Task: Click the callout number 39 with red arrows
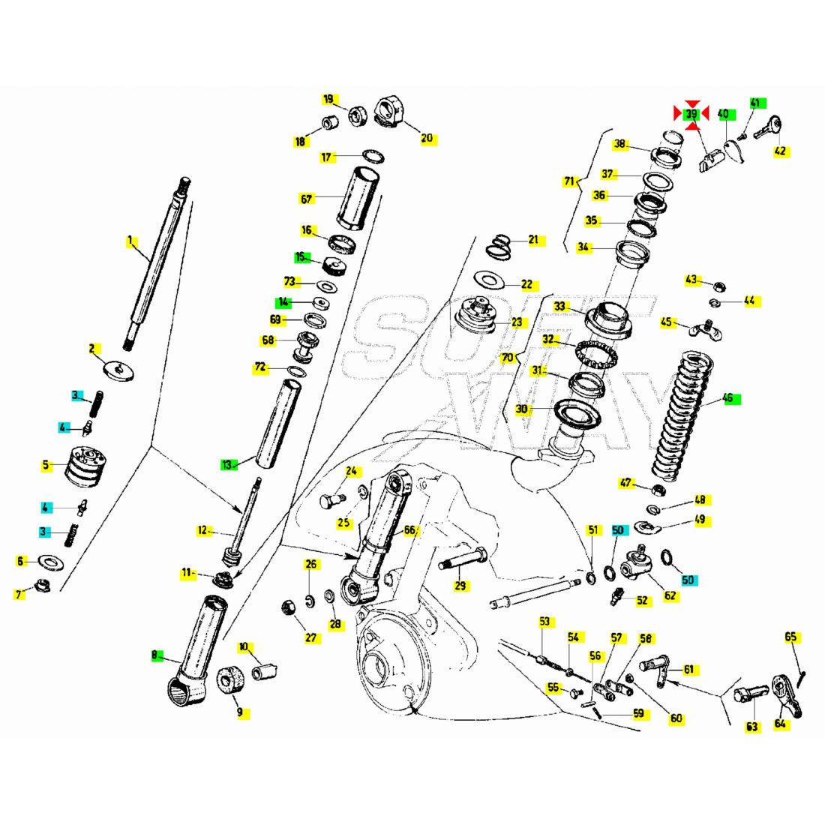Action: pyautogui.click(x=691, y=114)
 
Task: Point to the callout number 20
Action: pyautogui.click(x=427, y=139)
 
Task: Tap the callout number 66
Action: pyautogui.click(x=409, y=530)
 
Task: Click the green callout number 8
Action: pyautogui.click(x=155, y=655)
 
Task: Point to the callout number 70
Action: pyautogui.click(x=508, y=358)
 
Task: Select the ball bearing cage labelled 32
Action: pyautogui.click(x=595, y=352)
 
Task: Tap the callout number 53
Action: pyautogui.click(x=544, y=621)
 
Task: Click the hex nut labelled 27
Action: pyautogui.click(x=287, y=607)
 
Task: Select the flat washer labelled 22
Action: pyautogui.click(x=490, y=281)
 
